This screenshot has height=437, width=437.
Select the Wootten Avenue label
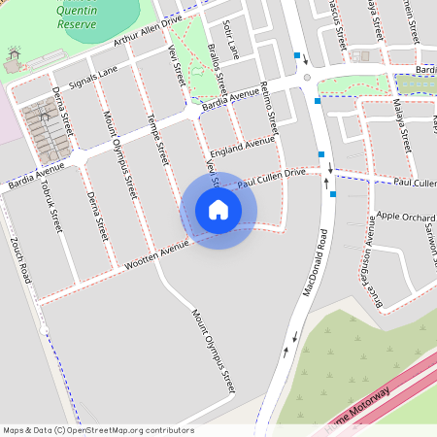point(152,252)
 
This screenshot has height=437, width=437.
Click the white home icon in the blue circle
point(218,210)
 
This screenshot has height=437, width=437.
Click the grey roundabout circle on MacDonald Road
point(307,78)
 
